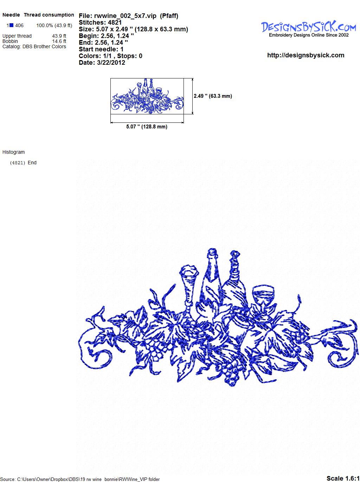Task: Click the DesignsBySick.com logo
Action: pos(308,29)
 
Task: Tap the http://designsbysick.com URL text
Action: pos(306,55)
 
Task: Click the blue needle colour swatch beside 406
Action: pos(11,25)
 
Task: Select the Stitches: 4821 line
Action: pos(100,23)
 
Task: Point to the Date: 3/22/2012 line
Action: pos(102,63)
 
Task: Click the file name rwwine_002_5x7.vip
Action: pos(125,16)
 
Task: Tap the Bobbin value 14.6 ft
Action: pos(59,41)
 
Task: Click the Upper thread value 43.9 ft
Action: pos(59,36)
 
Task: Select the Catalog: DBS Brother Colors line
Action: pos(34,46)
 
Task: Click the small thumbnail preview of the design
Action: pos(147,96)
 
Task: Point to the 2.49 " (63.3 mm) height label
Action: pos(213,96)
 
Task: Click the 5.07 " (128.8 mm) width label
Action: pos(147,127)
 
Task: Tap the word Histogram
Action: pos(13,152)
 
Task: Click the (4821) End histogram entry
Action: pos(23,163)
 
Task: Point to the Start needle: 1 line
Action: pos(101,49)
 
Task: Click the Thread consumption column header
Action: pos(49,15)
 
